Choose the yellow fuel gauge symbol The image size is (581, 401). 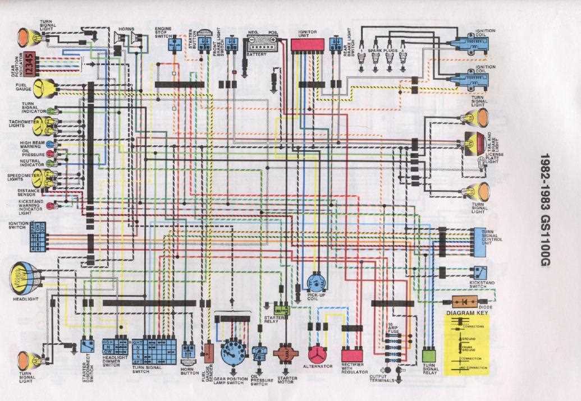click(44, 88)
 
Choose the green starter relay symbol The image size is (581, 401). click(281, 308)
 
